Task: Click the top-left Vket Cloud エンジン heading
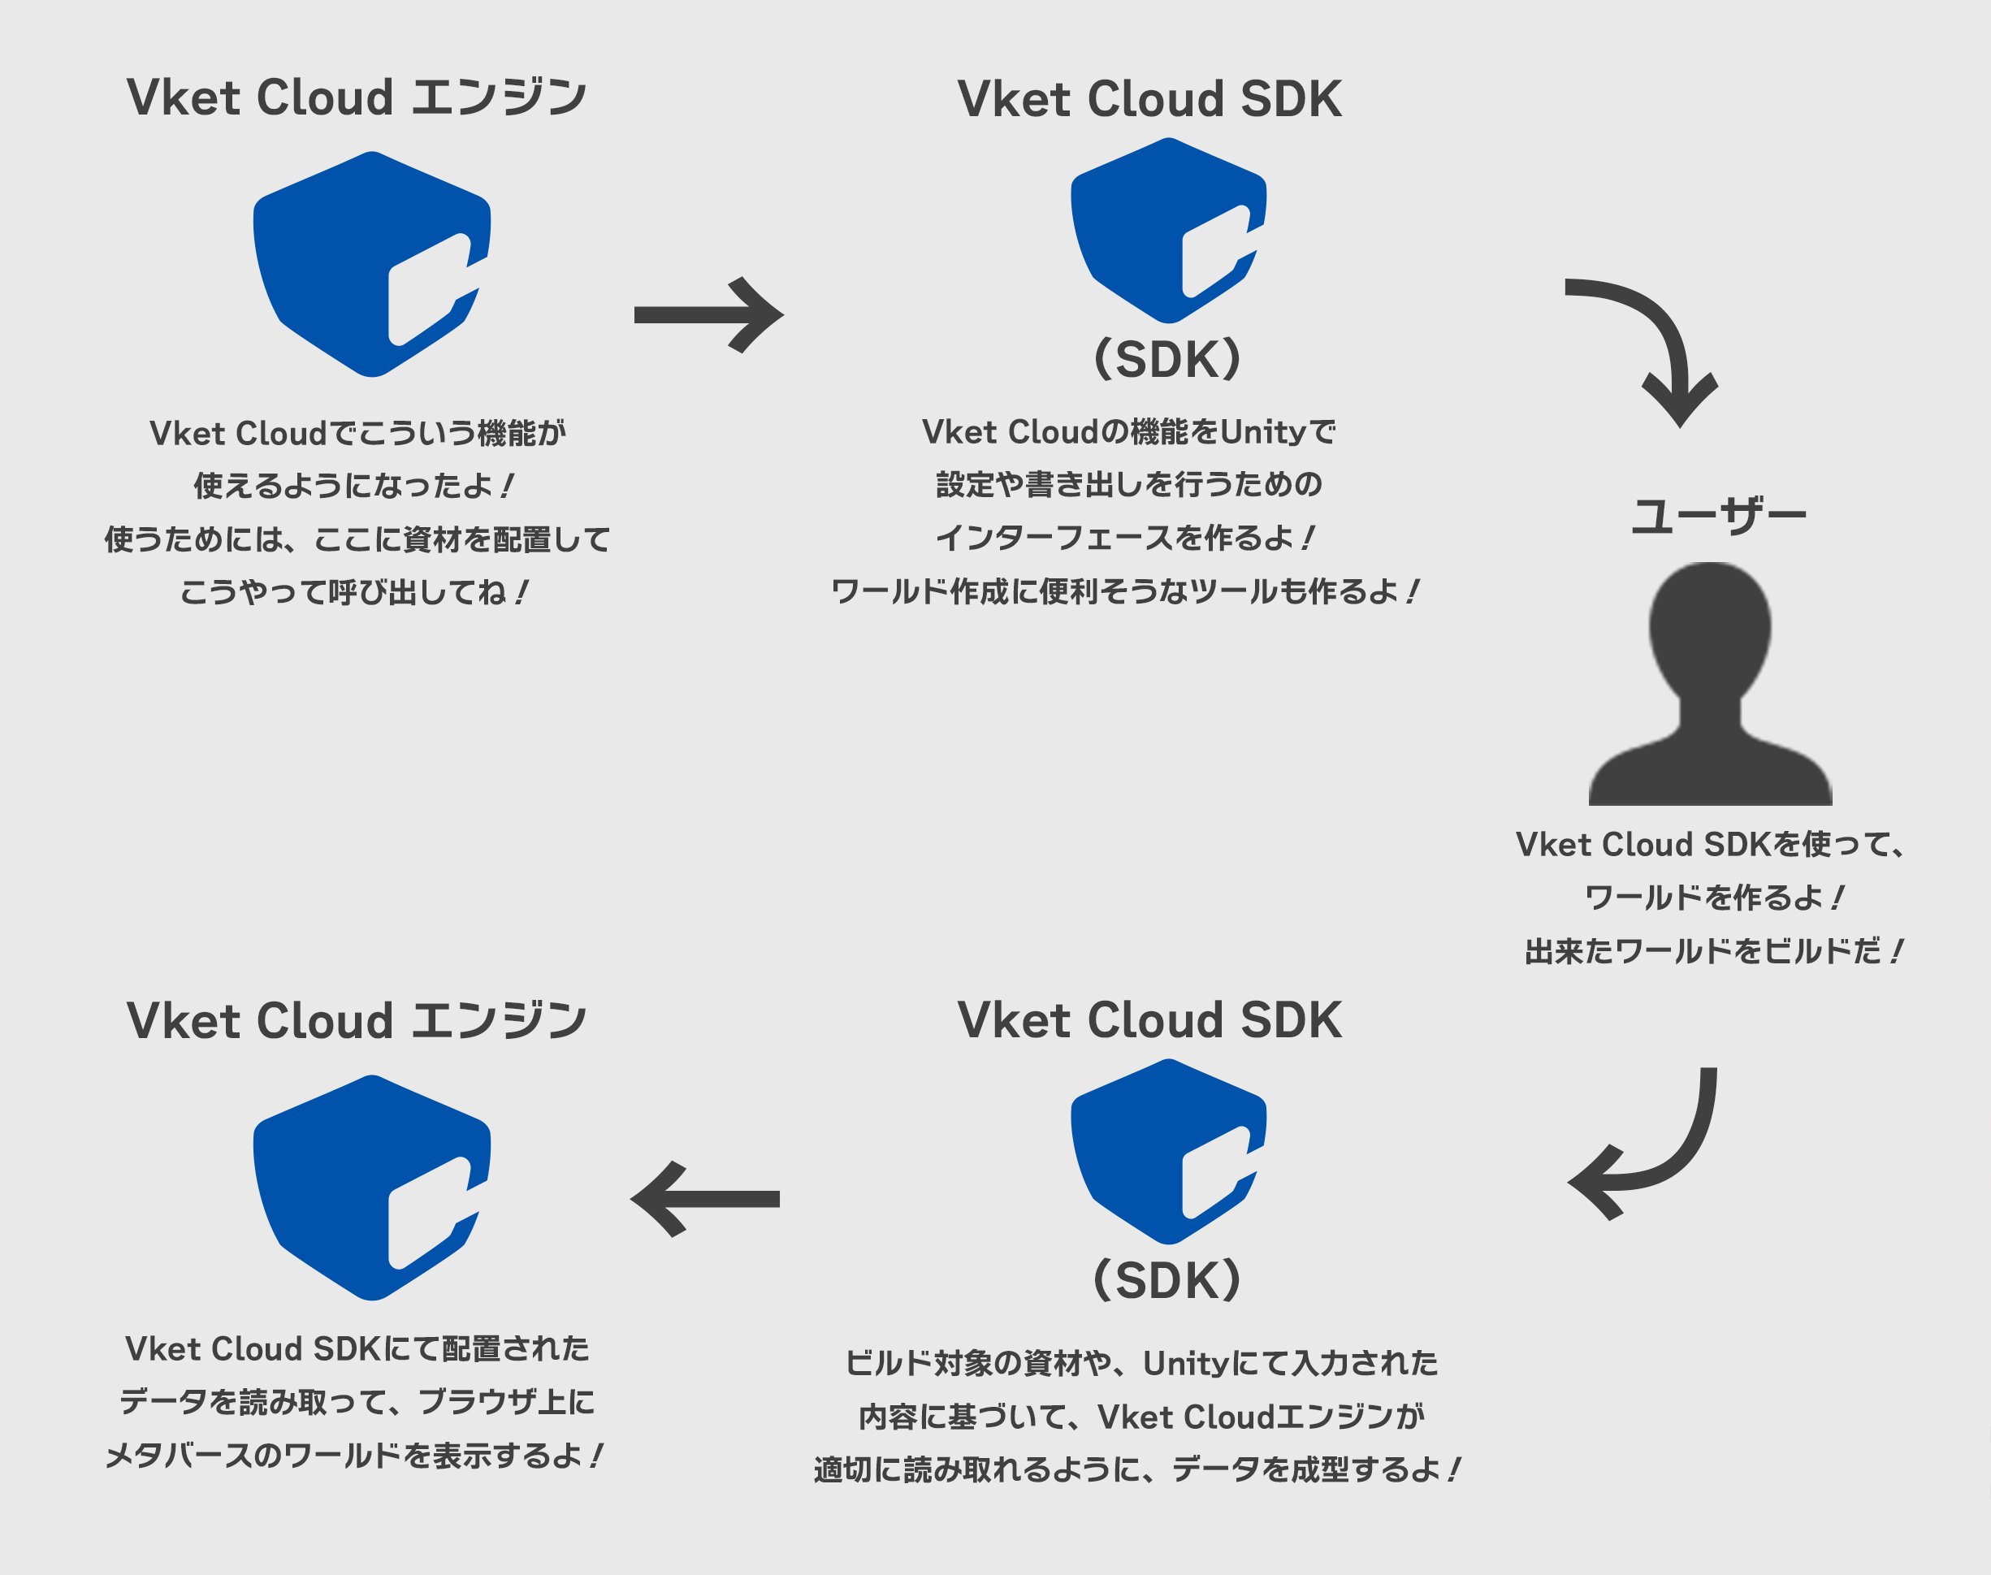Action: [356, 97]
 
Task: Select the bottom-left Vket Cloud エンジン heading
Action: [356, 1020]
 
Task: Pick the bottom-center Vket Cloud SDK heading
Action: [1149, 1020]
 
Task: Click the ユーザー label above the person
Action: [1718, 516]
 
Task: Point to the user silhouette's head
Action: [1709, 627]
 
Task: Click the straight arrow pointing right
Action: [708, 314]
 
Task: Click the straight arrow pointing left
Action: [705, 1199]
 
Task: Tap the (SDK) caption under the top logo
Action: [1166, 360]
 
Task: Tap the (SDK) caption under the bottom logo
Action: [1166, 1280]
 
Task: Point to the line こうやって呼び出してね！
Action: [354, 591]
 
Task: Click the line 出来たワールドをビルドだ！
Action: [1713, 950]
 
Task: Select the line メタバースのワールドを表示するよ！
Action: [354, 1455]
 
